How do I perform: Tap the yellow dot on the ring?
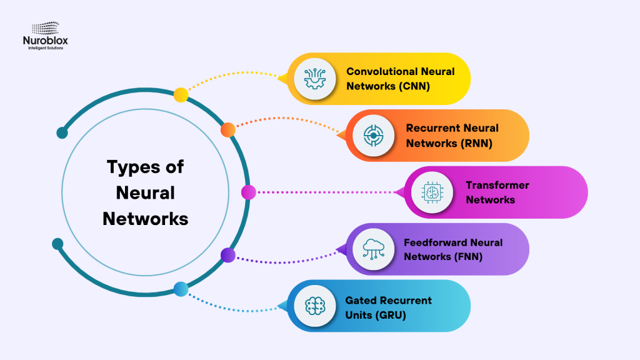click(181, 95)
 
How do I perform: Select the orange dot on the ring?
click(228, 129)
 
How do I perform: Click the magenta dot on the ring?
click(248, 192)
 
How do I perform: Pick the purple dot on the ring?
click(228, 254)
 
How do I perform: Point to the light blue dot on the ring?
click(181, 289)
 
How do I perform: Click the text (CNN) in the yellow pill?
click(414, 86)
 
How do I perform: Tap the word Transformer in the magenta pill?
click(497, 185)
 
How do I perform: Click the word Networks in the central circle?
click(145, 219)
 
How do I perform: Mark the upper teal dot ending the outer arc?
click(62, 132)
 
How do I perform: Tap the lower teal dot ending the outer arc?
click(57, 243)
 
